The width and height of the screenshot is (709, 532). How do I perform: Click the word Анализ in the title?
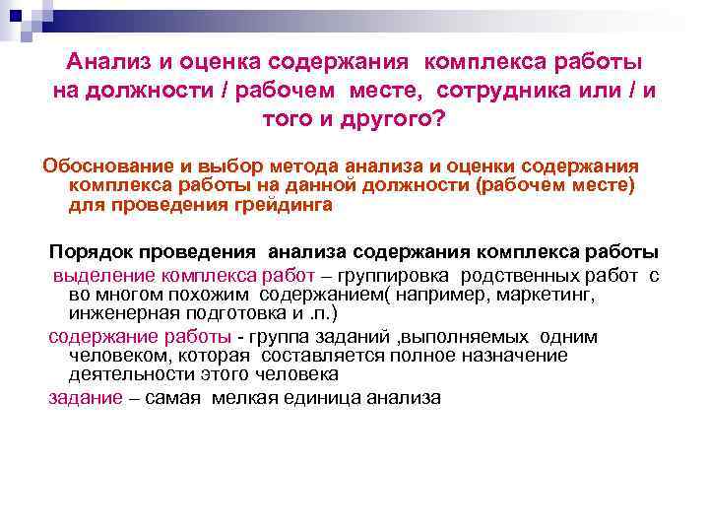coord(106,61)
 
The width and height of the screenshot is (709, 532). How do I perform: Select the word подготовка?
coord(236,314)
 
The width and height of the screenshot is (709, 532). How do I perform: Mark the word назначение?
coord(513,355)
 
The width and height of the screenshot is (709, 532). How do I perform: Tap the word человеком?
coord(115,355)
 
